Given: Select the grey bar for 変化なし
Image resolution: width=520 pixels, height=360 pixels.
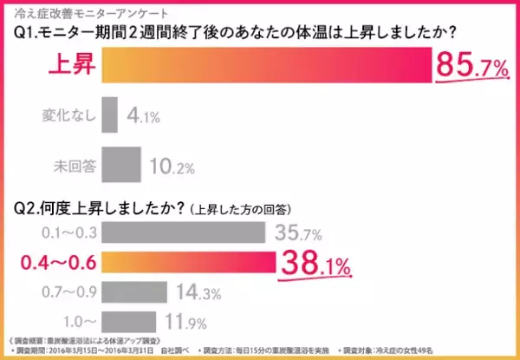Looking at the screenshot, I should pos(109,114).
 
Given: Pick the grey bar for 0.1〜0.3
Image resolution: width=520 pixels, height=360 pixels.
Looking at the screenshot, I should pos(183,232).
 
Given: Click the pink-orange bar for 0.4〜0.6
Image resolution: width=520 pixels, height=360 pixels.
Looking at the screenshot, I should pos(188,261).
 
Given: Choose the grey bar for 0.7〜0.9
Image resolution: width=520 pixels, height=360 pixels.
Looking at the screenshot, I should pos(133,291).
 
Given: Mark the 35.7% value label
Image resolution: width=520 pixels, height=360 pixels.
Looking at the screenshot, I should pos(300,232).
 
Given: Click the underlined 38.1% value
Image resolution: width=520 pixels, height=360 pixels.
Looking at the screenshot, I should pos(315,260).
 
